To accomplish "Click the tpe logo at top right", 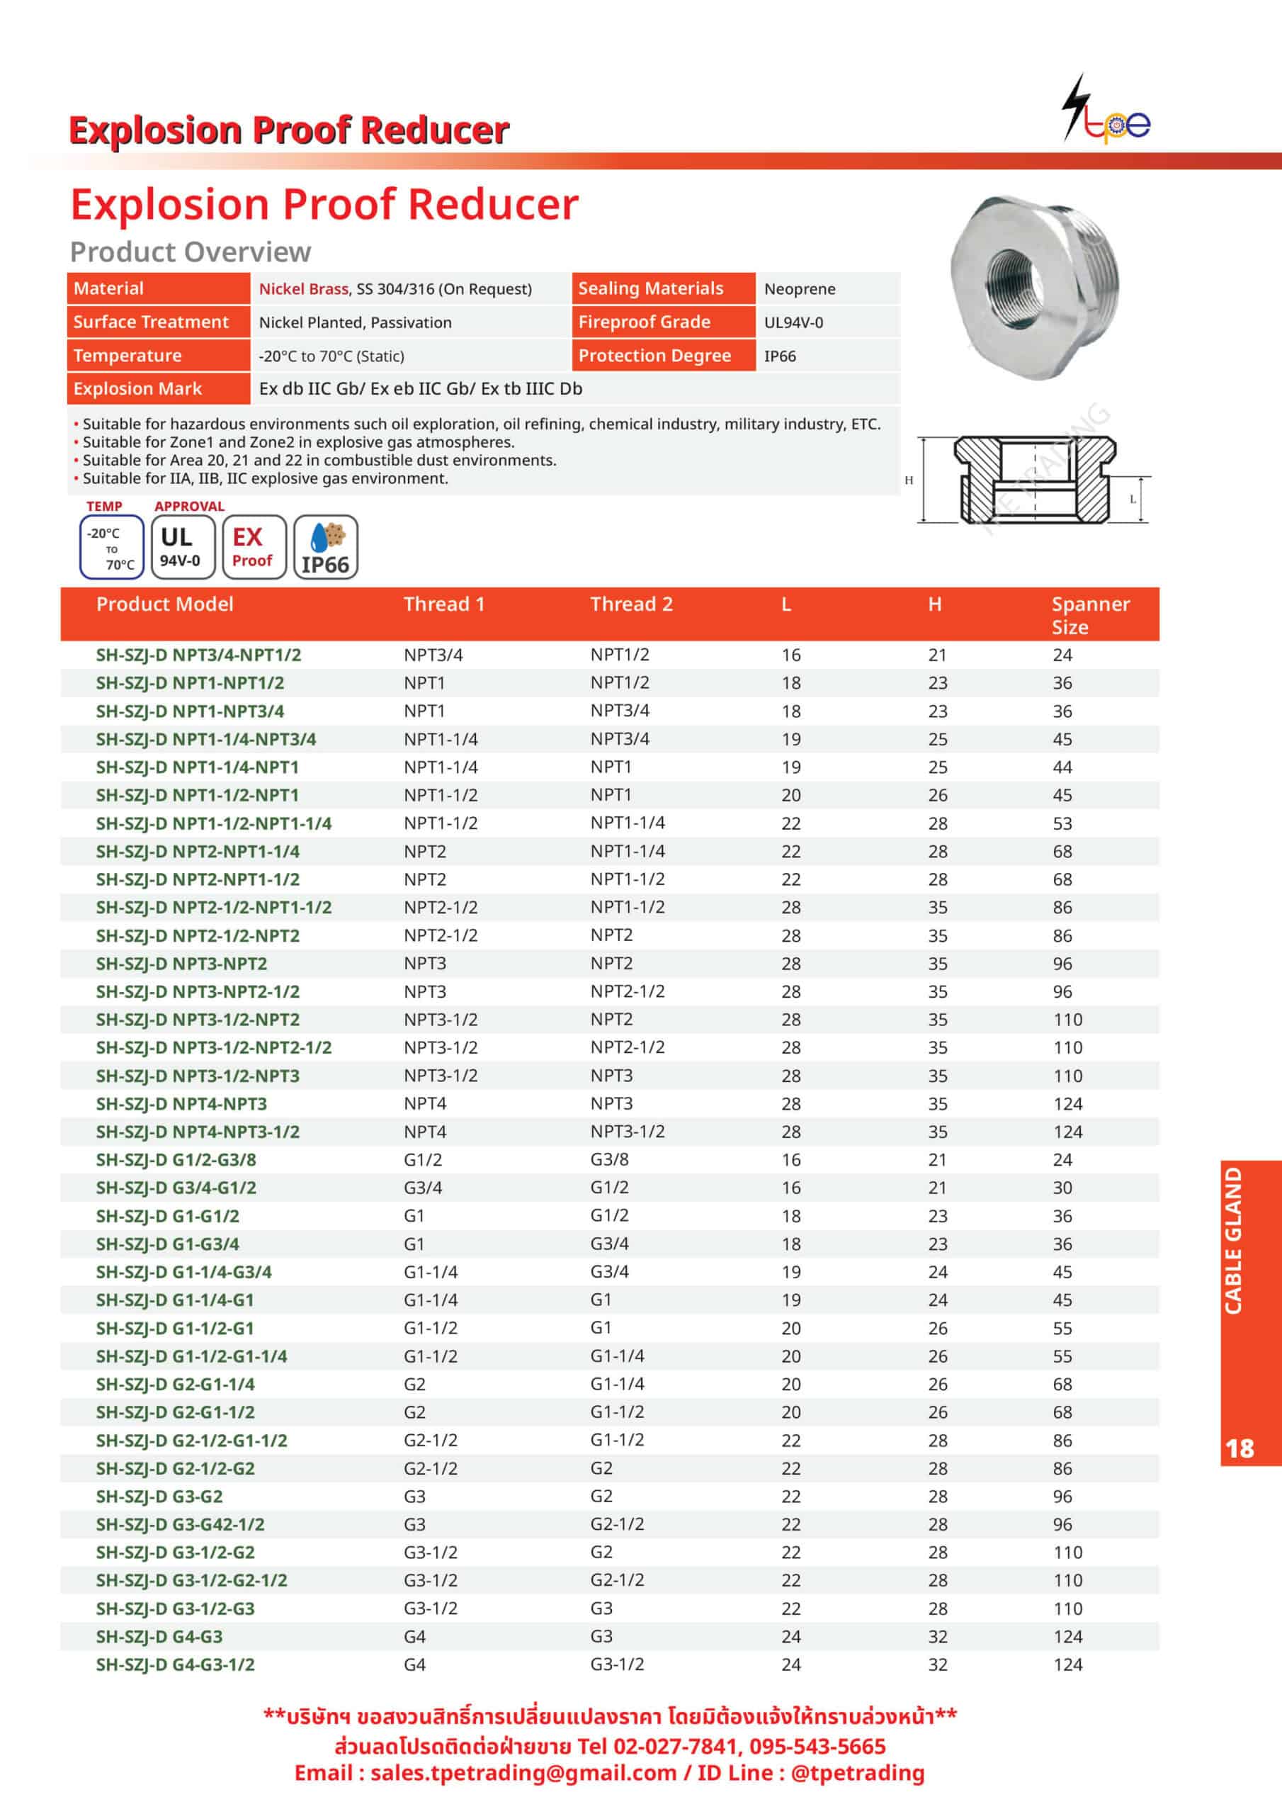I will click(1106, 111).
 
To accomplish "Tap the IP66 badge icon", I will click(325, 547).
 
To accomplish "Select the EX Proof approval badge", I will click(254, 547).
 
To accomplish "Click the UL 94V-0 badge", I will click(182, 547).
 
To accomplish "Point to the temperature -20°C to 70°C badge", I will click(111, 547).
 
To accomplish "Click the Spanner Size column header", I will click(1089, 614).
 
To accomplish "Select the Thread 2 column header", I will click(631, 604).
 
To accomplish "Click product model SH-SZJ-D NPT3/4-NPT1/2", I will click(198, 655).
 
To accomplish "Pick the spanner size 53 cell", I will click(1062, 823).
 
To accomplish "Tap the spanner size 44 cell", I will click(1062, 767).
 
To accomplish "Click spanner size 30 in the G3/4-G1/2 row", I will click(1062, 1188).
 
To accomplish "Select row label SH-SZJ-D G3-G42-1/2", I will click(180, 1524).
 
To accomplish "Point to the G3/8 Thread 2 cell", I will click(609, 1159).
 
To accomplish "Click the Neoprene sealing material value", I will click(800, 289).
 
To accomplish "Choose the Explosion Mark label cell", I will click(138, 389).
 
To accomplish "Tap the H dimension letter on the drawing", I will click(909, 480).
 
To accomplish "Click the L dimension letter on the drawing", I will click(1133, 500).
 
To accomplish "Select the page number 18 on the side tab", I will click(1240, 1448).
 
